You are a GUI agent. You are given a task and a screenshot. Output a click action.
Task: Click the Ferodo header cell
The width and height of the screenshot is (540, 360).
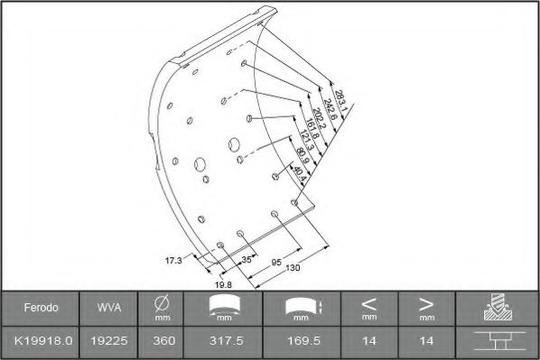tap(42, 309)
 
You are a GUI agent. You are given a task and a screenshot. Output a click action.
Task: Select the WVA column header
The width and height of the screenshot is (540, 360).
tap(104, 309)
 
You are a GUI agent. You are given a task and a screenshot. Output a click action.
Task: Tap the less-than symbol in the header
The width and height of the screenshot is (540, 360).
tap(369, 303)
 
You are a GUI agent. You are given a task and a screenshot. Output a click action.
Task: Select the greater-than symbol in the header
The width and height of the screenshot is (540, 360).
tap(426, 303)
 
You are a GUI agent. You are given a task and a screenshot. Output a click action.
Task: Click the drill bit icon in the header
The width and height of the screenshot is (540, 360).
tap(497, 308)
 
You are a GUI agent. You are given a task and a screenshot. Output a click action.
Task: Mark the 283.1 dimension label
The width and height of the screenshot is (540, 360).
tap(340, 97)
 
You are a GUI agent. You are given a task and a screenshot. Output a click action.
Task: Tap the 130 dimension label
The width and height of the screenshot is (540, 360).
tap(292, 267)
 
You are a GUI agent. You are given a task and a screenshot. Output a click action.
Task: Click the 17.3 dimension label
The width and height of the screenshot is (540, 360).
tap(173, 260)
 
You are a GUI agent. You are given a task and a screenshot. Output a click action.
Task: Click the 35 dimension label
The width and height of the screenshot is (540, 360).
tap(247, 260)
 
